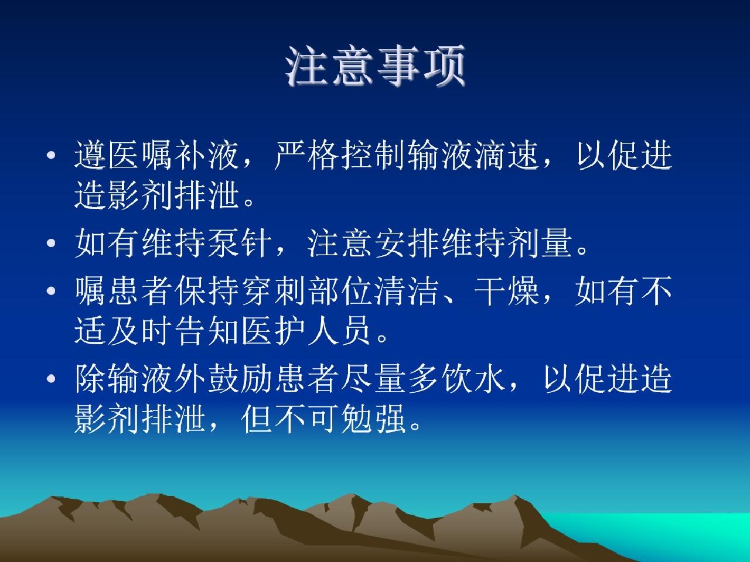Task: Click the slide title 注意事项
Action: point(375,65)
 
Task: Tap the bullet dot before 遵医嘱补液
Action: point(51,155)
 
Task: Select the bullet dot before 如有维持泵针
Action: point(51,243)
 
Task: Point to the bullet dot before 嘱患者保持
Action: point(51,291)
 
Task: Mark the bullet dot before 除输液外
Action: point(51,379)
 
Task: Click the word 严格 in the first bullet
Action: point(306,155)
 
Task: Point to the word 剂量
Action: point(540,243)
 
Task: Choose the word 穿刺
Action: point(273,291)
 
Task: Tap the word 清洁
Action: point(407,291)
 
